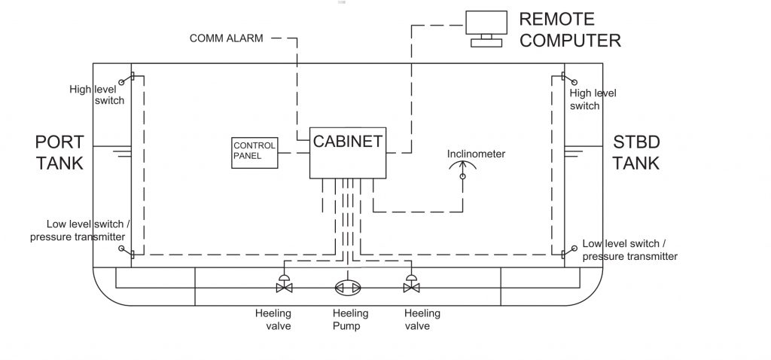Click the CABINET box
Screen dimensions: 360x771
click(x=348, y=152)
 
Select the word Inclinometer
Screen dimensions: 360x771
click(x=476, y=154)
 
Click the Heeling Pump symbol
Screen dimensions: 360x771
click(x=348, y=288)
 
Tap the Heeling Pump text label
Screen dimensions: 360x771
click(x=350, y=319)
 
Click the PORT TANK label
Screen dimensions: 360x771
click(x=58, y=153)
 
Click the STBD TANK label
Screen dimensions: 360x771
click(x=636, y=153)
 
